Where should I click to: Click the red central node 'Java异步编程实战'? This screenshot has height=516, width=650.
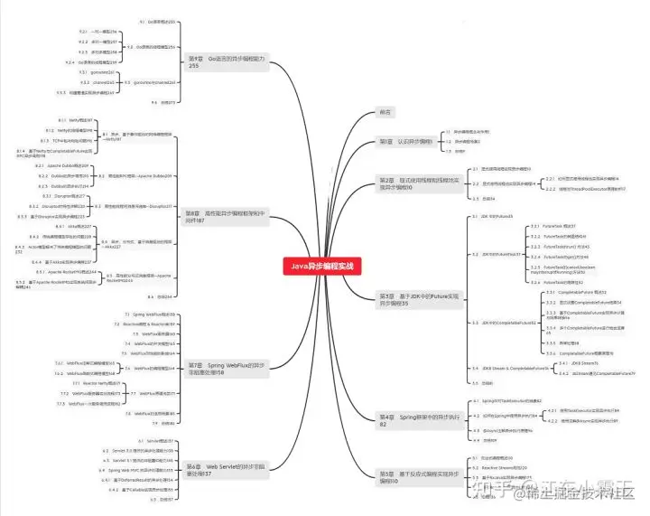(322, 266)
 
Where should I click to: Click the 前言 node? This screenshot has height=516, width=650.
(385, 112)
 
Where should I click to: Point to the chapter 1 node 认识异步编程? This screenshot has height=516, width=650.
(404, 142)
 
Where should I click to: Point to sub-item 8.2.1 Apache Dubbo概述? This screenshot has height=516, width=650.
(62, 166)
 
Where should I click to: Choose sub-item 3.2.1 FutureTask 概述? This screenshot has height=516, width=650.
(557, 226)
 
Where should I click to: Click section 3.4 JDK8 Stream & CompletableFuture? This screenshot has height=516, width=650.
(514, 369)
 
